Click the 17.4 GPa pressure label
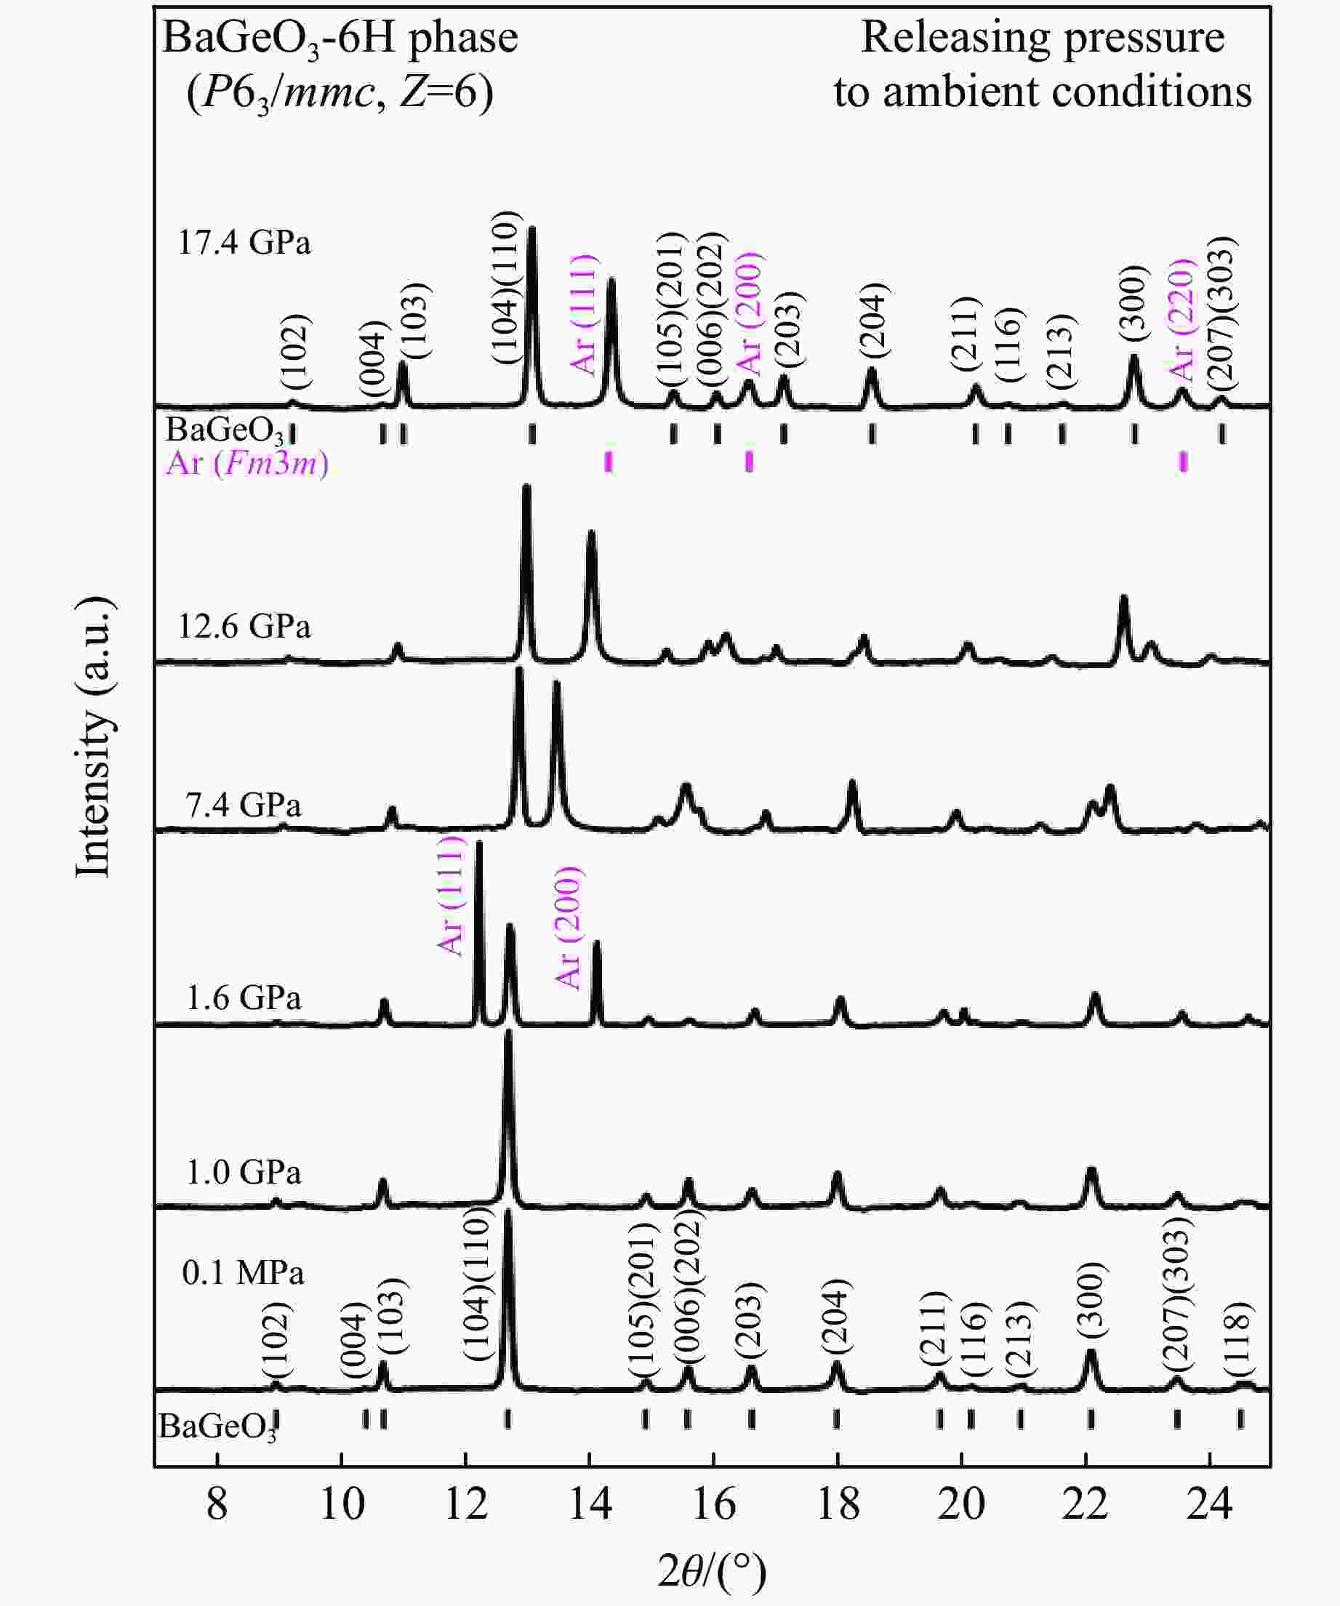pyautogui.click(x=244, y=244)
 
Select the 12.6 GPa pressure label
pyautogui.click(x=244, y=627)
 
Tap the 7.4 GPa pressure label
pyautogui.click(x=244, y=806)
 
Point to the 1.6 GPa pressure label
pyautogui.click(x=244, y=998)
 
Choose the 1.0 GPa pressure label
pyautogui.click(x=244, y=1173)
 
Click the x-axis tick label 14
pyautogui.click(x=590, y=1504)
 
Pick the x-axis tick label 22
pyautogui.click(x=1086, y=1504)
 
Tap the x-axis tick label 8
pyautogui.click(x=217, y=1504)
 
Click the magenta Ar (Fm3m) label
pyautogui.click(x=247, y=463)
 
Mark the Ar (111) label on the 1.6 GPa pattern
pyautogui.click(x=452, y=896)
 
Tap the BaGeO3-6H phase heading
pyautogui.click(x=340, y=39)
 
